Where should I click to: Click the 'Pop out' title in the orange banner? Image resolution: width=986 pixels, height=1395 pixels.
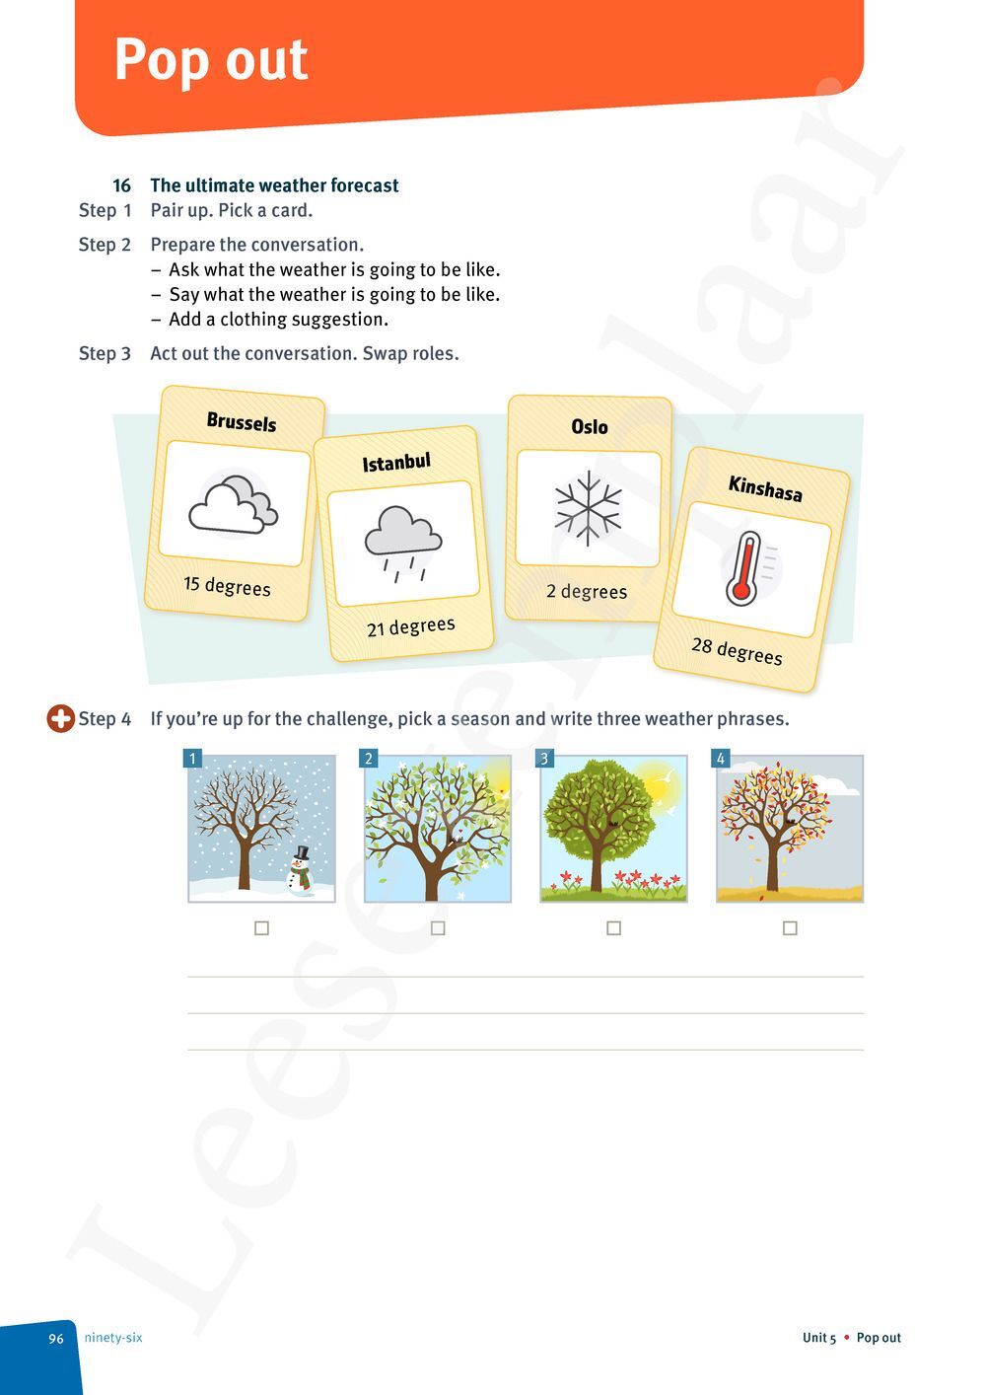pyautogui.click(x=211, y=60)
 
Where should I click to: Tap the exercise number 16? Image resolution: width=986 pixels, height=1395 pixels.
pyautogui.click(x=121, y=185)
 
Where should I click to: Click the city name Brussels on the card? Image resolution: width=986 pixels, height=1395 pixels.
pyautogui.click(x=242, y=422)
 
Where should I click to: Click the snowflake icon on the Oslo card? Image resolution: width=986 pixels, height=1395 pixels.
pyautogui.click(x=588, y=508)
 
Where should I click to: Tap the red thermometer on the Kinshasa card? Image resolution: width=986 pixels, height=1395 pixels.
pyautogui.click(x=744, y=568)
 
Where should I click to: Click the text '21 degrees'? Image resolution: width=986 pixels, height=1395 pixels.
pyautogui.click(x=410, y=626)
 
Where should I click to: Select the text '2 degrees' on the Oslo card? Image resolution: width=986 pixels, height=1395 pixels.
pyautogui.click(x=587, y=592)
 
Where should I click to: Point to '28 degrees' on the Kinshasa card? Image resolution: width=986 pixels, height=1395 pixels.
pyautogui.click(x=737, y=650)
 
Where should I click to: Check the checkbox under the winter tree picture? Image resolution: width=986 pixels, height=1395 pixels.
pyautogui.click(x=261, y=928)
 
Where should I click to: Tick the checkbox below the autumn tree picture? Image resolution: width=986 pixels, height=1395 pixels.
pyautogui.click(x=790, y=928)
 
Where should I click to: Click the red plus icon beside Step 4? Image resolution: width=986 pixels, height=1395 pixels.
pyautogui.click(x=60, y=719)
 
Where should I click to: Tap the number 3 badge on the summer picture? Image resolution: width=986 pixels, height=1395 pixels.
pyautogui.click(x=544, y=758)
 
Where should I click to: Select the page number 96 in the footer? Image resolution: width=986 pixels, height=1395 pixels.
pyautogui.click(x=56, y=1339)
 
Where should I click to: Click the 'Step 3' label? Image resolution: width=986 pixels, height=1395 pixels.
pyautogui.click(x=105, y=353)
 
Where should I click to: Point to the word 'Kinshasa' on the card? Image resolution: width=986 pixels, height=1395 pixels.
pyautogui.click(x=765, y=488)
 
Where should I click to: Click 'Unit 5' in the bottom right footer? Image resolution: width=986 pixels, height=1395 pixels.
pyautogui.click(x=818, y=1338)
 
